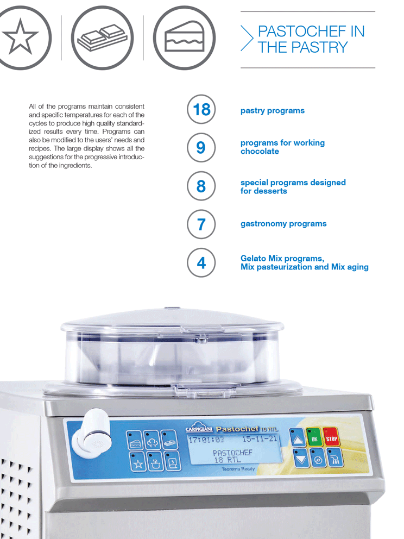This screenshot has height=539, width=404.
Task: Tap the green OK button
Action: [314, 437]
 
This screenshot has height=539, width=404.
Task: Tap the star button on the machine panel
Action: [138, 462]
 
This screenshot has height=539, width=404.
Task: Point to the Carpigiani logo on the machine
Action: [199, 428]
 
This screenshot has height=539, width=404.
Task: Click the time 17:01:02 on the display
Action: [206, 440]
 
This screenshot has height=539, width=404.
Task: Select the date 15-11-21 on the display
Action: [260, 439]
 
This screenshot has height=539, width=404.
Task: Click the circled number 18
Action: [201, 109]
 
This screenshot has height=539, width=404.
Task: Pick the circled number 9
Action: [201, 147]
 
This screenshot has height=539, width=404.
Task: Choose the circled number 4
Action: [201, 262]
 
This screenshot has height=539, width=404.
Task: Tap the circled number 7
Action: [201, 224]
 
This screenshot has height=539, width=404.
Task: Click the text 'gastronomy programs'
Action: [283, 224]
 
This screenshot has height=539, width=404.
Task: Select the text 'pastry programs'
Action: [273, 111]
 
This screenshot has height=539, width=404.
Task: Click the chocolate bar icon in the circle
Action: [102, 37]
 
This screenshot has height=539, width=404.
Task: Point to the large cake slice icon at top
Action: [184, 37]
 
